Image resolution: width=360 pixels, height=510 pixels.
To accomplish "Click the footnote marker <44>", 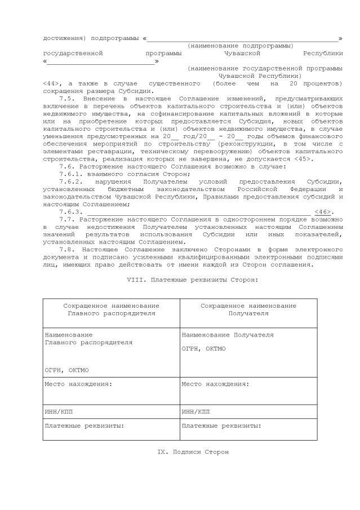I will (x=51, y=83).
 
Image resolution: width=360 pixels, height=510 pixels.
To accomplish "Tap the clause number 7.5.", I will (x=68, y=99).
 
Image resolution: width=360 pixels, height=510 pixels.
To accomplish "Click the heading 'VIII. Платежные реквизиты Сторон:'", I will (x=193, y=280).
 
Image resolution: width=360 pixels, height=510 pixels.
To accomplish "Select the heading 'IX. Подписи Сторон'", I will (x=193, y=452).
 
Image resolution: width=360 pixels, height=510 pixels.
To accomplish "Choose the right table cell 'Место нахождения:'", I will (x=215, y=384).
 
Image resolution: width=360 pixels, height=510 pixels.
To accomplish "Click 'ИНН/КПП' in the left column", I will (x=59, y=412).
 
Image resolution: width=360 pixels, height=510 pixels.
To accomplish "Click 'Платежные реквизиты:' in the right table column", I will (x=221, y=425).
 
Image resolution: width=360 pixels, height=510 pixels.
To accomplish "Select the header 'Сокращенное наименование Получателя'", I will (x=248, y=309).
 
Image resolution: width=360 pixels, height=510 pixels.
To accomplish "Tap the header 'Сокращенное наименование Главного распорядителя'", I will (x=111, y=309).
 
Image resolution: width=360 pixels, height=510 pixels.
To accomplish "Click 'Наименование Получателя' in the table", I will (x=228, y=335).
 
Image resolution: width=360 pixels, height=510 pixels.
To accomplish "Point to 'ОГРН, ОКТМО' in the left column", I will (x=66, y=370).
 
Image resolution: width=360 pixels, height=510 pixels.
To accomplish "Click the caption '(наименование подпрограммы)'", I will (x=240, y=46).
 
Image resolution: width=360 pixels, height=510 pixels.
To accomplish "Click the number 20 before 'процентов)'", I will (x=293, y=83).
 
